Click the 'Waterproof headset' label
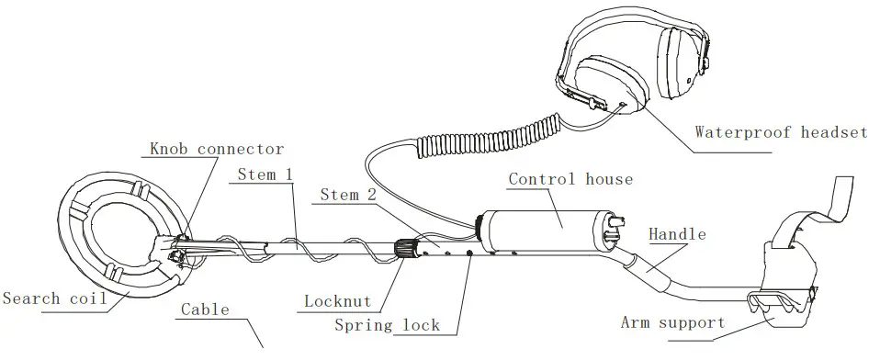click(780, 132)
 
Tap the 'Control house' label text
click(570, 178)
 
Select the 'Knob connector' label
click(217, 149)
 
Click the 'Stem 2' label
click(349, 195)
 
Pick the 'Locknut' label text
click(337, 301)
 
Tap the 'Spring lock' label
click(387, 325)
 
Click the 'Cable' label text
click(204, 309)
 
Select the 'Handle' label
click(678, 235)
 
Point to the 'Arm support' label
click(672, 322)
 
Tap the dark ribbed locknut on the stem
click(404, 248)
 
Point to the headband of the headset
click(606, 28)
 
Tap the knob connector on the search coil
click(180, 246)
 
